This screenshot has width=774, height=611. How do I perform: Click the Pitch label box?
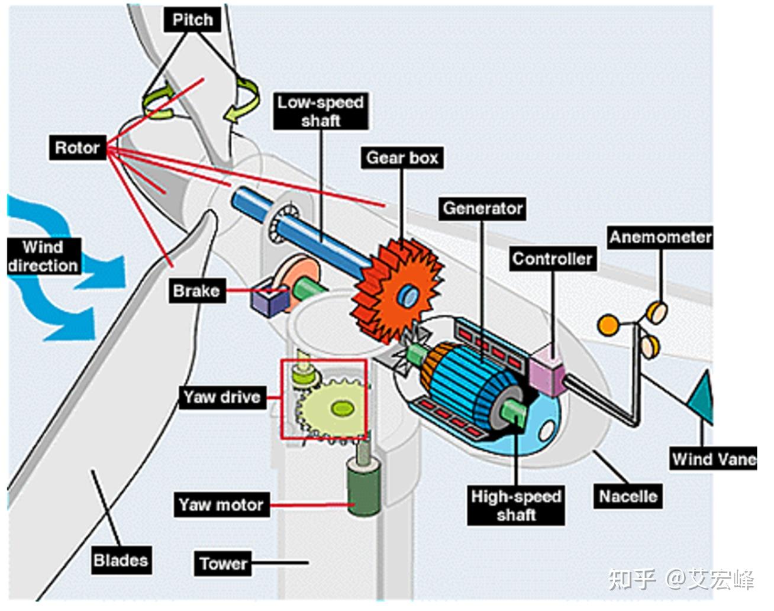[192, 20]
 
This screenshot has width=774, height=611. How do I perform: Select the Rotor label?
[78, 147]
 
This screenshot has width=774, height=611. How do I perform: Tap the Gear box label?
[402, 157]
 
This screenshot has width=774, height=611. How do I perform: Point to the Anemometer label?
[660, 237]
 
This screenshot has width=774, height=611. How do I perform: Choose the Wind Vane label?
[714, 459]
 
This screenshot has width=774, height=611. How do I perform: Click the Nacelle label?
[628, 496]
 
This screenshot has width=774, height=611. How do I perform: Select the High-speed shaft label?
[516, 505]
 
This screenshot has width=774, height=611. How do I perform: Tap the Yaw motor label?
[221, 505]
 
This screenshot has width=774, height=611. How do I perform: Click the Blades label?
[121, 560]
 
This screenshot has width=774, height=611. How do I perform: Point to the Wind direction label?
[44, 256]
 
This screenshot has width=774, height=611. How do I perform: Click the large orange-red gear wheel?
[398, 290]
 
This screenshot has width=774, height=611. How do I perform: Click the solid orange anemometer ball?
[608, 325]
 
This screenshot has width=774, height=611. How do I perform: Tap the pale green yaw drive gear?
[333, 408]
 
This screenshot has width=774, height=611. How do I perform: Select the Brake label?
[196, 290]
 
